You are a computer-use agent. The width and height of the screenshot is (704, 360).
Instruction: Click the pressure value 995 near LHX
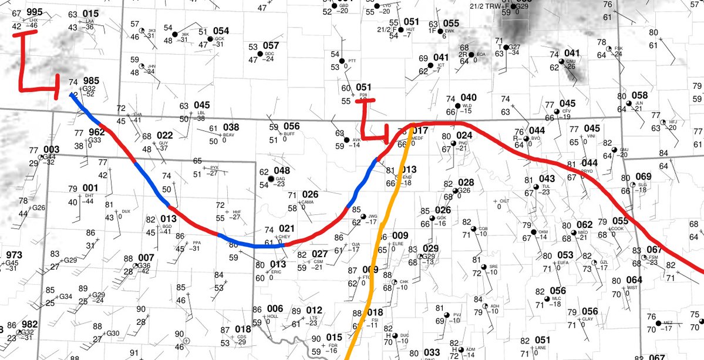tap(34, 12)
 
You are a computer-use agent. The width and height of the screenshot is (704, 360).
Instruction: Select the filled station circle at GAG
tap(271, 178)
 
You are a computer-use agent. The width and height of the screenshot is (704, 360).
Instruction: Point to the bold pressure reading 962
tap(97, 132)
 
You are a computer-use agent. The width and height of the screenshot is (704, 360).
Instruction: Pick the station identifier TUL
tap(545, 186)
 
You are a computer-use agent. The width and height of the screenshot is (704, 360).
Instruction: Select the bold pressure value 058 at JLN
tap(639, 96)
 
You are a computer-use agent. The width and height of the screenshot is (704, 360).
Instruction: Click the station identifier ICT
tap(441, 65)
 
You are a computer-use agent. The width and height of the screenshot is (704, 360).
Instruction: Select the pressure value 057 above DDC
tap(271, 45)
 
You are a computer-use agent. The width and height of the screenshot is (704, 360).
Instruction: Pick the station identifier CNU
tap(571, 61)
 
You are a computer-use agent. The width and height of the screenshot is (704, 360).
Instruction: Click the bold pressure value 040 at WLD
tap(469, 97)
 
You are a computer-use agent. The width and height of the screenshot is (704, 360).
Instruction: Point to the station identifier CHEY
tap(285, 236)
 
